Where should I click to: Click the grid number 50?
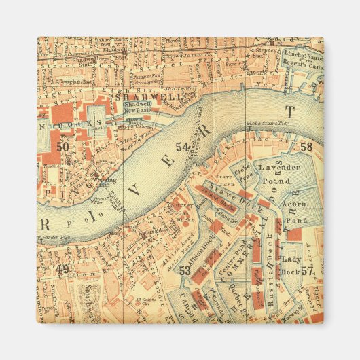coord(63,146)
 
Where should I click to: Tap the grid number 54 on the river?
coord(182,147)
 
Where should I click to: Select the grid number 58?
coord(306,147)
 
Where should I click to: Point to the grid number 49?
coord(63,270)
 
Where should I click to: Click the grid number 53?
coord(184,271)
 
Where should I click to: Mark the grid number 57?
coord(307,271)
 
